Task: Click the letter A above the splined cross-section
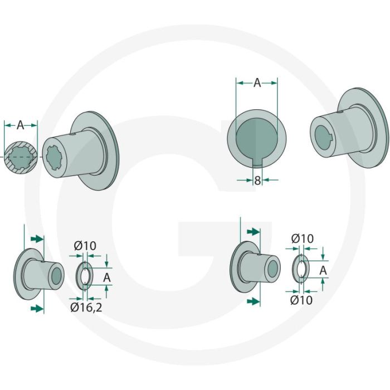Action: tap(21, 125)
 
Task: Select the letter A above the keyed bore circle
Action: tap(257, 83)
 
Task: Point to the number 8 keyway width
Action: tap(257, 181)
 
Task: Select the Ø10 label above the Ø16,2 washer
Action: tap(85, 246)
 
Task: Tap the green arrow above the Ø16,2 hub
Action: tap(37, 238)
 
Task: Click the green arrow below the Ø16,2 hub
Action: tap(37, 308)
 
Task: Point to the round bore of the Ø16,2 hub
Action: tap(57, 274)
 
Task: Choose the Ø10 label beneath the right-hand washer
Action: tap(301, 300)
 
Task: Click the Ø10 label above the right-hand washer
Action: tap(303, 238)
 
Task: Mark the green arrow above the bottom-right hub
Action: tap(253, 231)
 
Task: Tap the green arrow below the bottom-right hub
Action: tap(253, 301)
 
